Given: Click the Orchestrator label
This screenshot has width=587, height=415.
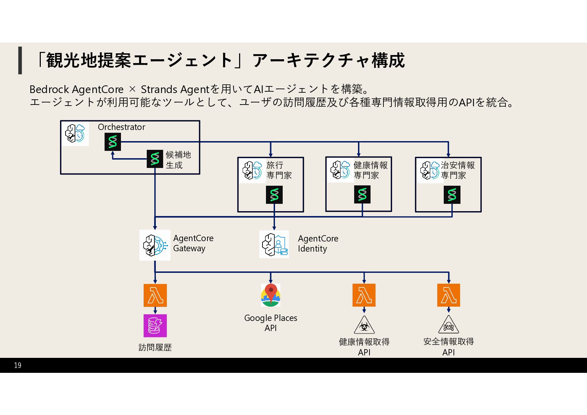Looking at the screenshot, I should click(121, 127).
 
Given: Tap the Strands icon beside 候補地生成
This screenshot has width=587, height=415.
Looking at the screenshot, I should click(155, 159).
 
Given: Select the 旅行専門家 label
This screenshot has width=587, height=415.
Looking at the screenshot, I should click(279, 170).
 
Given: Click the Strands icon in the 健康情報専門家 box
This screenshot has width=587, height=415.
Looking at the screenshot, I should click(362, 194).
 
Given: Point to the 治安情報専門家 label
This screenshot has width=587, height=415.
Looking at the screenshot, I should click(457, 170).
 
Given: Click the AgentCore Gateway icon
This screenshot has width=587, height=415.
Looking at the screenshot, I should click(155, 245).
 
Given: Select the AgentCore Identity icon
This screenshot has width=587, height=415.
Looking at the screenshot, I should click(274, 244).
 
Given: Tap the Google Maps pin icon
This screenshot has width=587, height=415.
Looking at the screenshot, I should click(270, 295).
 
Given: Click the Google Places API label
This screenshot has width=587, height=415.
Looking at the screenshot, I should click(270, 323).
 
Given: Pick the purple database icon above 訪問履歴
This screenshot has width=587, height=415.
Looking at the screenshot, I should click(155, 326).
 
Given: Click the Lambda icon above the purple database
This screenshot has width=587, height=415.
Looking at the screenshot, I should click(155, 295).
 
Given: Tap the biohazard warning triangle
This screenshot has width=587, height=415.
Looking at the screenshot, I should click(364, 325).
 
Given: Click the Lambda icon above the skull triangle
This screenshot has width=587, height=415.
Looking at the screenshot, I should click(449, 295).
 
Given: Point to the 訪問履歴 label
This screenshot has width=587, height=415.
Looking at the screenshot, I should click(155, 347).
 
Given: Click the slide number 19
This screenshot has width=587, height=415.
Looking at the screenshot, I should click(18, 365).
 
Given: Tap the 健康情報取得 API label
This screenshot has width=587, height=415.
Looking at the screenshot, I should click(364, 347).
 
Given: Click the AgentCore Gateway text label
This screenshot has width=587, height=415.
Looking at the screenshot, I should click(193, 243).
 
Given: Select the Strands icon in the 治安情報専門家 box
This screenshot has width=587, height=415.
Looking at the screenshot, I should click(452, 195).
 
